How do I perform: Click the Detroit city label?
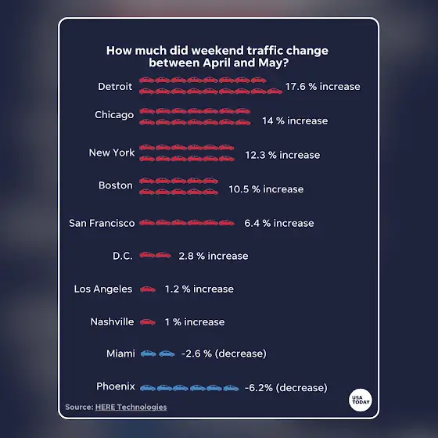pos(115,86)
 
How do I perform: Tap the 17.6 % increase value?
pos(322,86)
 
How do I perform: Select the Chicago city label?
pos(114,115)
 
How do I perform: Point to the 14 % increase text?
pos(295,120)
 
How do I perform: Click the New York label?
pos(112,153)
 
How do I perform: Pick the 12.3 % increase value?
pos(282,155)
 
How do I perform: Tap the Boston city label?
pos(116,185)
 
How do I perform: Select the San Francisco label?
pos(102,223)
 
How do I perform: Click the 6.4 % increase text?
pos(279,223)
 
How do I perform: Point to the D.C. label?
pos(123,256)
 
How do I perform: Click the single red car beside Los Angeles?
pos(148,289)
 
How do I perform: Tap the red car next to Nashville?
pos(148,322)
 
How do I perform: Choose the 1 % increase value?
pos(195,322)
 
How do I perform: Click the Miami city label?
pos(120,354)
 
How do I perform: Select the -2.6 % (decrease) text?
pos(224,354)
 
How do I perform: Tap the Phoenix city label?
pos(116,386)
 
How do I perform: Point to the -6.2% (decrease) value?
pos(286,388)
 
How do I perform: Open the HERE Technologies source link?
pos(131,407)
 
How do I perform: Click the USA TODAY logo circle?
pos(361,400)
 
